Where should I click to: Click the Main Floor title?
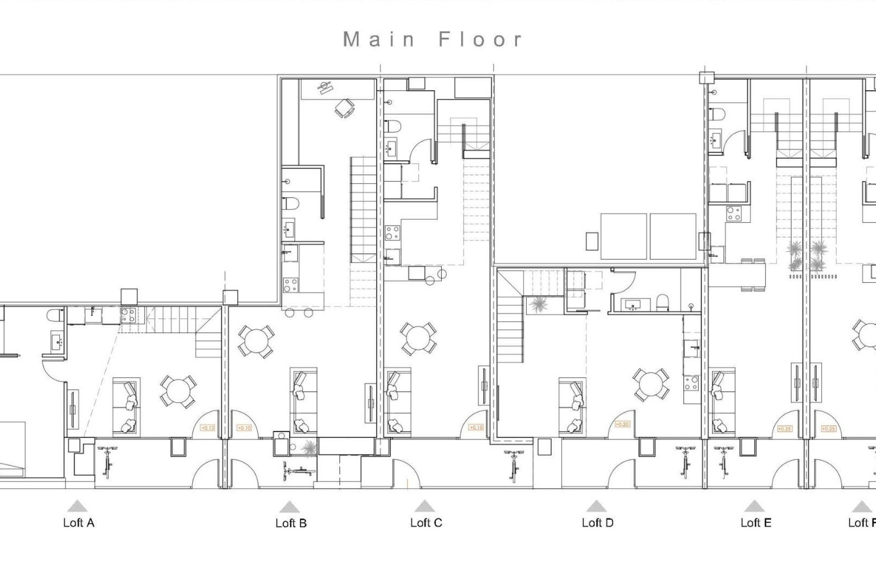coord(433,40)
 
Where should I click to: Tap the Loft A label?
coord(78,523)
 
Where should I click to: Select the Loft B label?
coord(291,523)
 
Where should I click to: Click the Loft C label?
coord(426,523)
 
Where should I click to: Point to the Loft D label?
coord(597,523)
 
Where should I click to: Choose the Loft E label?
coord(756,523)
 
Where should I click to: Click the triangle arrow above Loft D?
coord(595,506)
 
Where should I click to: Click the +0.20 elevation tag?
coord(622,424)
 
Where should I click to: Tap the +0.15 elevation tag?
coord(476,428)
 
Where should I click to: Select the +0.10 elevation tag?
coord(245,428)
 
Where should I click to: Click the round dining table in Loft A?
coord(178,391)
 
